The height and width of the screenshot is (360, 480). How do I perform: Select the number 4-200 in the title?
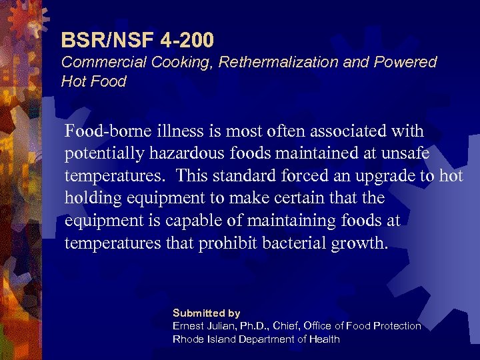click(187, 41)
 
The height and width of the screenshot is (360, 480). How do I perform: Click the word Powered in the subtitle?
click(407, 63)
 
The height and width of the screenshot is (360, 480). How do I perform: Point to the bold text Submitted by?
click(206, 313)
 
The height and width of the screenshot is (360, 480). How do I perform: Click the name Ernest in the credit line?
click(189, 326)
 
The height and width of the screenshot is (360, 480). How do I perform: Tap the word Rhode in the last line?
click(189, 339)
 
